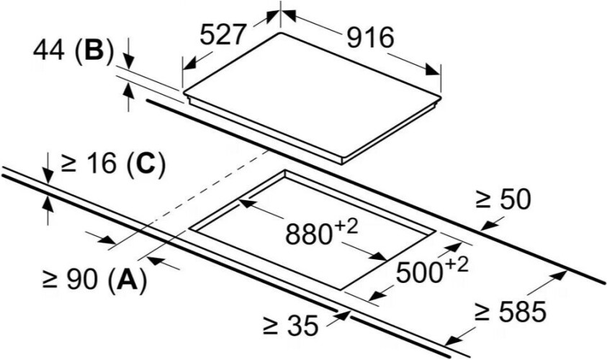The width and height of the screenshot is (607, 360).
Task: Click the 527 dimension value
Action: click(x=222, y=35)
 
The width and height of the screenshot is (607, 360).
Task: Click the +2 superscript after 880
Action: click(x=347, y=227)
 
